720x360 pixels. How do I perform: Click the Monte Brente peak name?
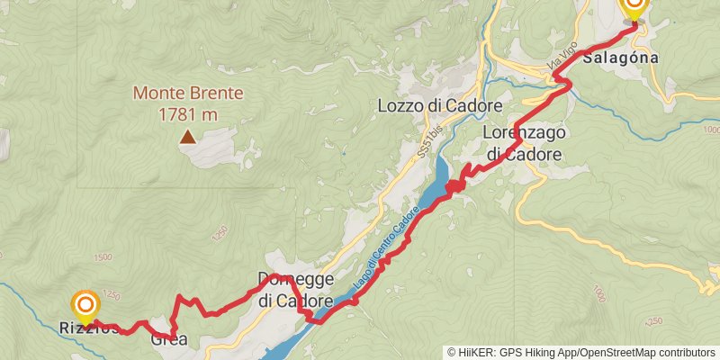[x=188, y=93]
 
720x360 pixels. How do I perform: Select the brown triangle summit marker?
[x=187, y=138]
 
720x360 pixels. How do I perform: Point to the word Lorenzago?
[x=524, y=134]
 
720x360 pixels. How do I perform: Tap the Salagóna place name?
[x=621, y=58]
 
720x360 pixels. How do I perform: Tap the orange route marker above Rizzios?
[x=85, y=306]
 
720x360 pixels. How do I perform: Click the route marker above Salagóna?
[x=634, y=7]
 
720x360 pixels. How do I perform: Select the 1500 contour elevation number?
[x=102, y=257]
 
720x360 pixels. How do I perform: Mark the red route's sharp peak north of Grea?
[x=180, y=297]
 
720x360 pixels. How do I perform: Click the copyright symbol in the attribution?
[x=451, y=353]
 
